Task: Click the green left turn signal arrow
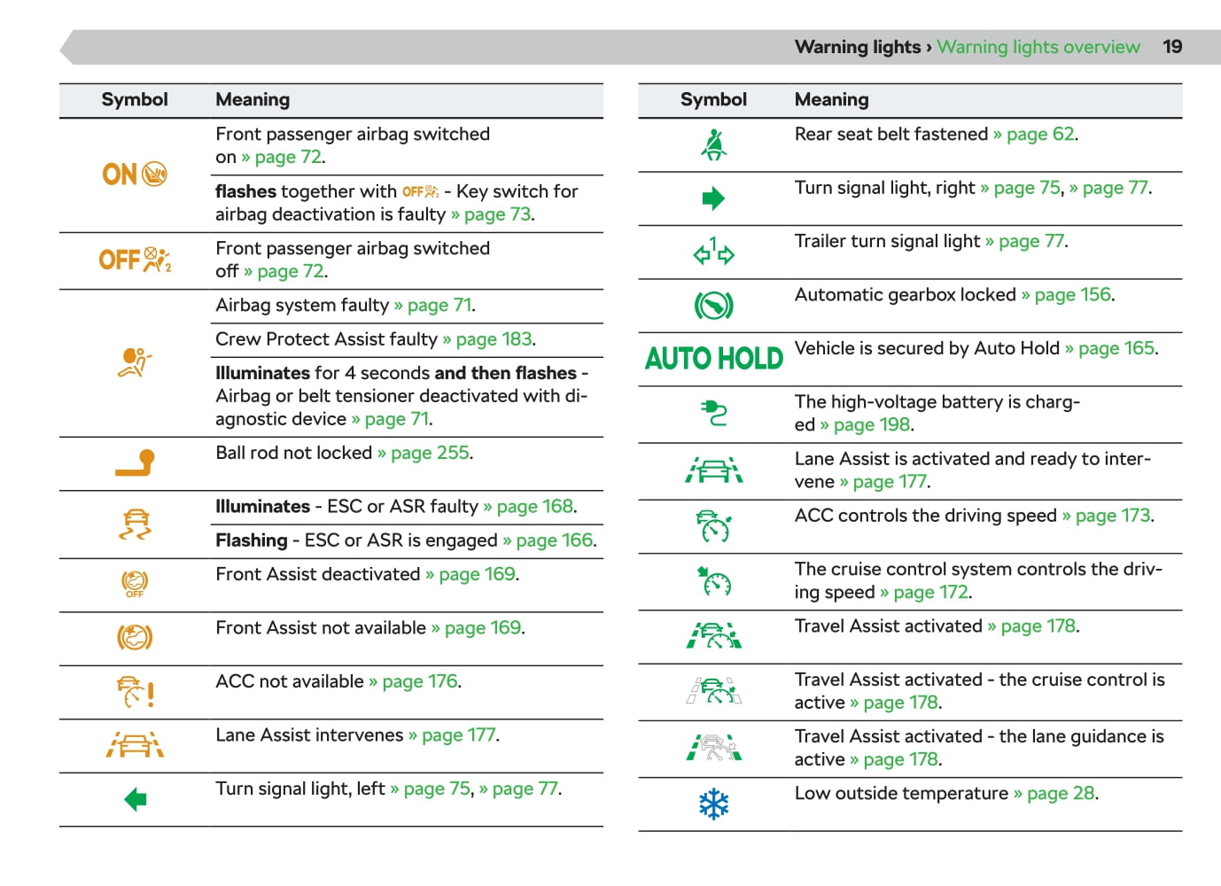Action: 135,800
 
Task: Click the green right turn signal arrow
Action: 713,198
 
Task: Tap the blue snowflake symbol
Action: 713,804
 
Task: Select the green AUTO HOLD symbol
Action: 713,359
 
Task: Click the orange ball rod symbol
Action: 135,463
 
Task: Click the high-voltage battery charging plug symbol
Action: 713,413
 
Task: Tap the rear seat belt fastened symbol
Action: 713,144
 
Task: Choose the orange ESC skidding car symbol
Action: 135,525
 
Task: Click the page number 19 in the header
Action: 1172,47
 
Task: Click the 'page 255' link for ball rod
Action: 431,453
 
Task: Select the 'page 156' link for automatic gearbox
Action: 1072,294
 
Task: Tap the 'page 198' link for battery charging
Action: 872,424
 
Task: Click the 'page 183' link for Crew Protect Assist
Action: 494,339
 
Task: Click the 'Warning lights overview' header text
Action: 1038,47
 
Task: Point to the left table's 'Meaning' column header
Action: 253,99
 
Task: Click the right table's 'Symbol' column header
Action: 713,99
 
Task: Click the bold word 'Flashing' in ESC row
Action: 252,540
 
